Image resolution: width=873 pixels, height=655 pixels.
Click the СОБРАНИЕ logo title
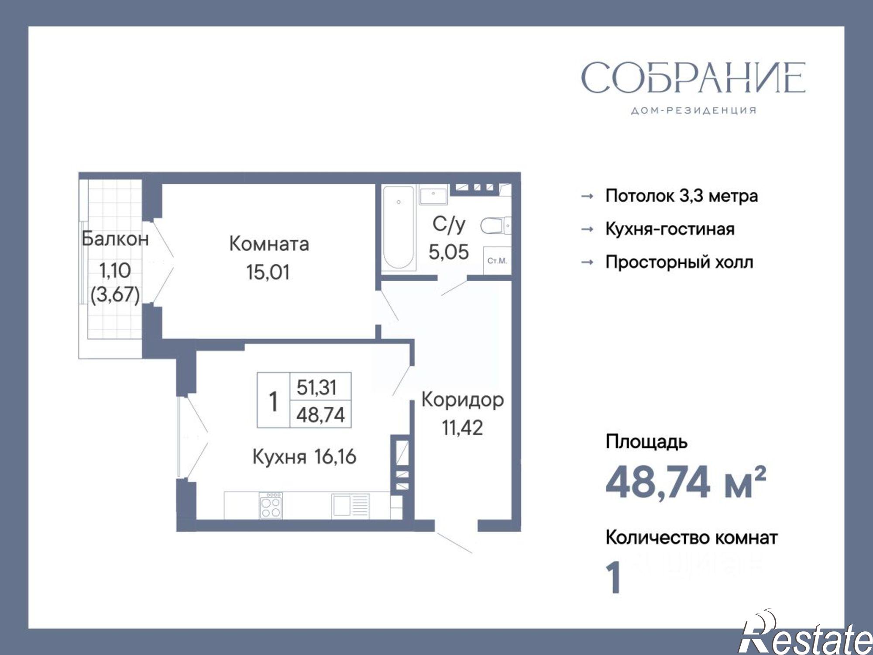(693, 77)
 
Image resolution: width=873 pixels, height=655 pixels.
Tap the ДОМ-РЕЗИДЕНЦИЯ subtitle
(694, 111)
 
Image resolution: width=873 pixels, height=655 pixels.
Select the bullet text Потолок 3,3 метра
(681, 196)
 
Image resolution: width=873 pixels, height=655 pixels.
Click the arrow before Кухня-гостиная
(588, 229)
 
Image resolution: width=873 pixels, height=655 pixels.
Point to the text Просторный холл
(679, 262)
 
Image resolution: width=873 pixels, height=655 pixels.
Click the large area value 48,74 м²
(685, 483)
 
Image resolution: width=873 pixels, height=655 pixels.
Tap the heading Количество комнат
(691, 538)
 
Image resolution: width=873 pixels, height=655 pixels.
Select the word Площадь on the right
(646, 442)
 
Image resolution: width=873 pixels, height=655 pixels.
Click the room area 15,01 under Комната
(268, 272)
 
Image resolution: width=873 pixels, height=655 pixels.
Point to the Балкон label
(115, 239)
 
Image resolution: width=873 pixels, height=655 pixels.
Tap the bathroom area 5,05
(448, 252)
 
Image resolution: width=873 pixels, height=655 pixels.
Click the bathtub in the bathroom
(398, 227)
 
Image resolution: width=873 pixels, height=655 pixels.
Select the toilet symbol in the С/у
(495, 226)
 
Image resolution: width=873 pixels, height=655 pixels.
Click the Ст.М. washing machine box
(497, 261)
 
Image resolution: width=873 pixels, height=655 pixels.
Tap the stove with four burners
(271, 506)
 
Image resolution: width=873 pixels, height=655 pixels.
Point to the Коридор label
(462, 400)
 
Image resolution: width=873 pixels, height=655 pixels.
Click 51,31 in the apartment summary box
(316, 387)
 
